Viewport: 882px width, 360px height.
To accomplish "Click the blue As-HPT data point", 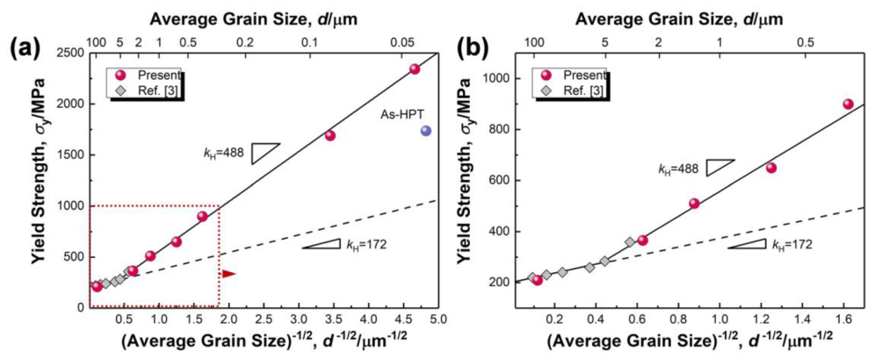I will (426, 131).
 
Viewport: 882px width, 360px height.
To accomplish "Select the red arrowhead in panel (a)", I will (228, 274).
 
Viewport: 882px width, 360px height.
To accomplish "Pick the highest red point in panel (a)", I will (415, 69).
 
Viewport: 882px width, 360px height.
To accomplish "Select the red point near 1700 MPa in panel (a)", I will (330, 135).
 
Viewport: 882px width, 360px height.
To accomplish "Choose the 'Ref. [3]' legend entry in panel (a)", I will (144, 89).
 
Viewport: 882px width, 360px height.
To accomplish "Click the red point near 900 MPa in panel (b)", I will (848, 104).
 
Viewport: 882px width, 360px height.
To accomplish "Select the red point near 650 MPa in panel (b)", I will (771, 168).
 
